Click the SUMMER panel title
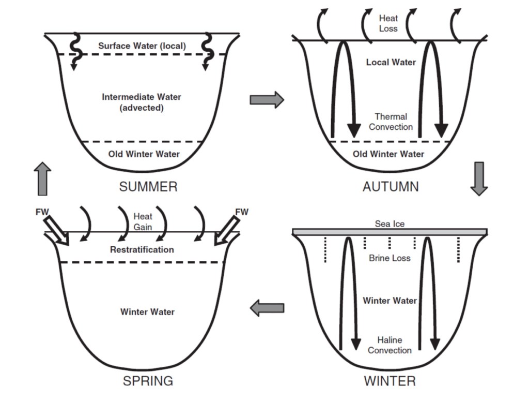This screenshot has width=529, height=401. click(x=148, y=187)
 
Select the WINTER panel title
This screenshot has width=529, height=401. click(x=390, y=381)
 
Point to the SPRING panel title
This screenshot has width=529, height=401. click(x=148, y=381)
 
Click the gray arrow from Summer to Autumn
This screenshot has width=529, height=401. click(x=267, y=99)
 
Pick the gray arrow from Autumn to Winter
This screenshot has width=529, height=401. click(x=479, y=178)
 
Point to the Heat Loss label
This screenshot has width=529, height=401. click(x=388, y=23)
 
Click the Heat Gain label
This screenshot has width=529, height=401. click(x=143, y=221)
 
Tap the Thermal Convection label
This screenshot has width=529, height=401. click(x=391, y=122)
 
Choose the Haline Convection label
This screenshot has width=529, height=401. click(x=390, y=345)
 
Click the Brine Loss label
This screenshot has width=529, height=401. click(x=390, y=258)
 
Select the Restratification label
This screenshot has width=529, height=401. click(x=142, y=249)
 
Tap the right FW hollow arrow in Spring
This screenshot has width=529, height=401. click(x=226, y=230)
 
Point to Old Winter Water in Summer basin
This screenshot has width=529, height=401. click(x=144, y=154)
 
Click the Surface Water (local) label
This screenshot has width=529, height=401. click(x=142, y=46)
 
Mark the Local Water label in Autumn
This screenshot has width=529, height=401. click(x=391, y=62)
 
